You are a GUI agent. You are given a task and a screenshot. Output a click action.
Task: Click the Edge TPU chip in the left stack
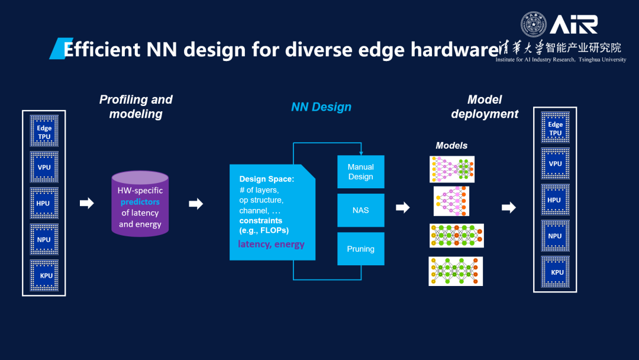point(44,131)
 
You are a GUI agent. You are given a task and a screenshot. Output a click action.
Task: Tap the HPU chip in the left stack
point(44,204)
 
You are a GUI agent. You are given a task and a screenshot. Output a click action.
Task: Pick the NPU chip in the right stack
point(555,236)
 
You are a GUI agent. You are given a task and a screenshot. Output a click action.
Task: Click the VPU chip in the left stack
point(44,168)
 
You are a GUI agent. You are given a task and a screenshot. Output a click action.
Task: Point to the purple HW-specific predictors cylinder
point(140,202)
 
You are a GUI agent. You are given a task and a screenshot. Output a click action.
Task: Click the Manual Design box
point(360,172)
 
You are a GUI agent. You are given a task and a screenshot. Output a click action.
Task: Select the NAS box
point(360,210)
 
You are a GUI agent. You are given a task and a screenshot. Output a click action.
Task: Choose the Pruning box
point(360,249)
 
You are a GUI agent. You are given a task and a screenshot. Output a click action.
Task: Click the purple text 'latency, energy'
point(271,244)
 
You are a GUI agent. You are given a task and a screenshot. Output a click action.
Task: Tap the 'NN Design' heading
point(321,107)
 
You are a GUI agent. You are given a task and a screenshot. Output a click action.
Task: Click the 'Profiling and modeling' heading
point(135,107)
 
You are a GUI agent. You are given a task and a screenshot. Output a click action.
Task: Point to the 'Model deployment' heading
point(485,107)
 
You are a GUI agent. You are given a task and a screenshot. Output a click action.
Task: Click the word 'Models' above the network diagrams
point(451,146)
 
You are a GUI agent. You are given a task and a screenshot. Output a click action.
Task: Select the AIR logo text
point(574,24)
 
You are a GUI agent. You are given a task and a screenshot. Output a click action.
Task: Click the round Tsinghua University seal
point(533,24)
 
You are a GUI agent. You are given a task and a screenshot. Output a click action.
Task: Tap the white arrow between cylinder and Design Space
point(196,204)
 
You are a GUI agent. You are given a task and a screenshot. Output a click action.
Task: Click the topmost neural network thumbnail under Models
point(451,169)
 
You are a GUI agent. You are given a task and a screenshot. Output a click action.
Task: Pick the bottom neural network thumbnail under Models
point(456,271)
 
